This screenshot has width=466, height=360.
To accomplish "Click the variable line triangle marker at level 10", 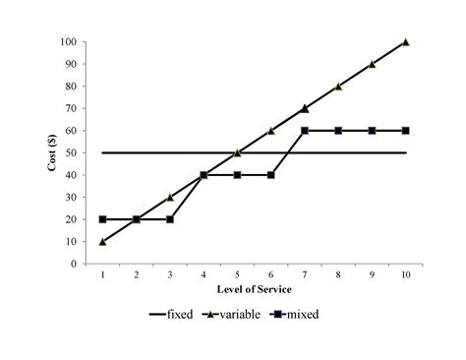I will pyautogui.click(x=406, y=41).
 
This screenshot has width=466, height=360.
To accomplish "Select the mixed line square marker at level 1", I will pyautogui.click(x=102, y=219).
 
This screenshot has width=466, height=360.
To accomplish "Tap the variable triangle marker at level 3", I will pyautogui.click(x=170, y=197).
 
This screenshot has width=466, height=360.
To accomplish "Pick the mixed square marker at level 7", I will pyautogui.click(x=305, y=130).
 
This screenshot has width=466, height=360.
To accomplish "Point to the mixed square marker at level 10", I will pyautogui.click(x=406, y=130).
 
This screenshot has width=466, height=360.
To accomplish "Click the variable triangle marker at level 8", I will pyautogui.click(x=338, y=86).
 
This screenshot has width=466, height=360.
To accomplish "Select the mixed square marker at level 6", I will pyautogui.click(x=271, y=175).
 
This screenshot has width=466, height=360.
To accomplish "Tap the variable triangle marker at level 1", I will pyautogui.click(x=102, y=241).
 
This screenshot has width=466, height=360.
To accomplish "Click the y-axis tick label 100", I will pyautogui.click(x=68, y=42).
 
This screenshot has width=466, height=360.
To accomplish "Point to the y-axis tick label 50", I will pyautogui.click(x=71, y=152).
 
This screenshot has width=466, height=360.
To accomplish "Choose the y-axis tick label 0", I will pyautogui.click(x=74, y=264).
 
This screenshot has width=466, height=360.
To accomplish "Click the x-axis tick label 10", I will pyautogui.click(x=406, y=274).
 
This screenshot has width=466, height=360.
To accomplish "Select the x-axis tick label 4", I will pyautogui.click(x=204, y=274).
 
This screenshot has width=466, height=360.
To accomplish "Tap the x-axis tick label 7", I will pyautogui.click(x=305, y=274).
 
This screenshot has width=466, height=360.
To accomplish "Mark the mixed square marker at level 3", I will pyautogui.click(x=170, y=219).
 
